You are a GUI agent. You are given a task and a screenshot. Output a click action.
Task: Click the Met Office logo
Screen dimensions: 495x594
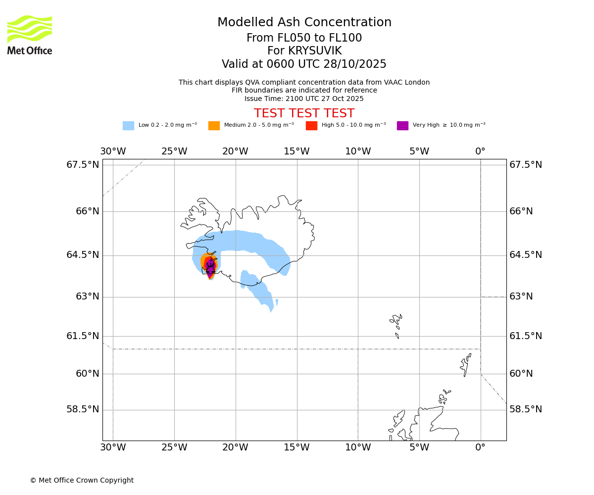point(30,35)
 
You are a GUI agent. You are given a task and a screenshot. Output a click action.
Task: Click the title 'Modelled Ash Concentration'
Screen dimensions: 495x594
point(304,23)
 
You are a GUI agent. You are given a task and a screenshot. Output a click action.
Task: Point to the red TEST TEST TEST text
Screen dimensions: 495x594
point(304,114)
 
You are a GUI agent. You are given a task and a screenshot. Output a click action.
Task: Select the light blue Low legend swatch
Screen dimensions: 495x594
point(128,126)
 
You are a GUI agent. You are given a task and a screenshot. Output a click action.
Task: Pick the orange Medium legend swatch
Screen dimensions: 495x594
point(214,126)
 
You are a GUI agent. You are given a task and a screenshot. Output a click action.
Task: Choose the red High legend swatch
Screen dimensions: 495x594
point(311,126)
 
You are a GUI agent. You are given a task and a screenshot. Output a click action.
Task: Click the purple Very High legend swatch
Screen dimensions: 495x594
point(402,126)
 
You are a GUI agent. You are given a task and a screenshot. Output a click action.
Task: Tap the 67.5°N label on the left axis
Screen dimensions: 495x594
point(83,165)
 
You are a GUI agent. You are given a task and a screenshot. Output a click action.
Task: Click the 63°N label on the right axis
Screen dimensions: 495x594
point(522,297)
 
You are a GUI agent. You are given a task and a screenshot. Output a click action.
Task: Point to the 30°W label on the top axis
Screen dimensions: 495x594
point(113,151)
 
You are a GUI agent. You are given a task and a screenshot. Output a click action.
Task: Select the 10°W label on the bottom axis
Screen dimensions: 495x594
point(358,448)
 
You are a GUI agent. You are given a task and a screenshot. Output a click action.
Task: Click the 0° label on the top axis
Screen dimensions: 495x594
point(480,151)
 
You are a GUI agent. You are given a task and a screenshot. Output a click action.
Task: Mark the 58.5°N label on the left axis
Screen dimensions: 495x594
point(83,409)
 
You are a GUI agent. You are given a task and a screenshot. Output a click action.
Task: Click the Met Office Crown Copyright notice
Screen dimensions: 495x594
point(82,481)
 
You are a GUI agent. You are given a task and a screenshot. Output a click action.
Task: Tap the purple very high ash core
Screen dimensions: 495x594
point(210,266)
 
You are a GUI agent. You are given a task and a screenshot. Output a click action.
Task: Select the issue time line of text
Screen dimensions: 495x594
point(304,99)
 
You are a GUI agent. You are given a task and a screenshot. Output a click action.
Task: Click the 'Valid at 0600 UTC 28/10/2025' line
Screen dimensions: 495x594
point(304,64)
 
